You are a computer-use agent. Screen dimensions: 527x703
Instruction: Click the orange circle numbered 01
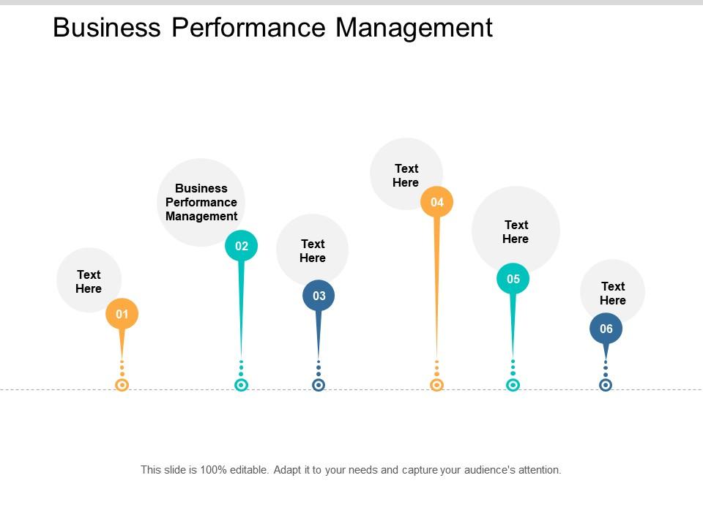click(x=122, y=315)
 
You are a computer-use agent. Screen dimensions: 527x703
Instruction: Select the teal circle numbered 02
click(x=241, y=246)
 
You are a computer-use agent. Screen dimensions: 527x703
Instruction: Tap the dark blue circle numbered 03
click(x=319, y=296)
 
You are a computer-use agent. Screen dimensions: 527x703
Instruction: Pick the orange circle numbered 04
click(x=437, y=202)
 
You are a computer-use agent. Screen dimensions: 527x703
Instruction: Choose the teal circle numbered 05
click(x=513, y=279)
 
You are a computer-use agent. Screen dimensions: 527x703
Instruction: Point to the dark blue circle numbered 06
click(x=606, y=329)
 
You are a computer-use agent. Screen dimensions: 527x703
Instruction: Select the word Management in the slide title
click(x=414, y=28)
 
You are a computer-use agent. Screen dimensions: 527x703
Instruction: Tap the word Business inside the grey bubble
click(x=201, y=188)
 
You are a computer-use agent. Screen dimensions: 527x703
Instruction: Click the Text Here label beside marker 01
click(x=89, y=281)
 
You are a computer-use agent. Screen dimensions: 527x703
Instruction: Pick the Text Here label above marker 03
click(x=313, y=250)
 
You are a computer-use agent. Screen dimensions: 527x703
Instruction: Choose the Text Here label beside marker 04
click(x=406, y=175)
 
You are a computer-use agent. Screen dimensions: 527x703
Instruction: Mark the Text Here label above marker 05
click(x=516, y=231)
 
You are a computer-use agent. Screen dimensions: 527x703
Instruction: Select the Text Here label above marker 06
click(x=613, y=293)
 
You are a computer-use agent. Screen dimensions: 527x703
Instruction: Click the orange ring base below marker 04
click(x=437, y=384)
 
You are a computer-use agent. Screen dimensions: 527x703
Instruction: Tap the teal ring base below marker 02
click(x=241, y=384)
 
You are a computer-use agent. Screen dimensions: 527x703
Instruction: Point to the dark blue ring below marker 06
click(x=606, y=384)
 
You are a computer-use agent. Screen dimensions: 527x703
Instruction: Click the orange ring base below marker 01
click(x=122, y=384)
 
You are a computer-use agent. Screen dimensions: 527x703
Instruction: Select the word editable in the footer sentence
click(x=250, y=470)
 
